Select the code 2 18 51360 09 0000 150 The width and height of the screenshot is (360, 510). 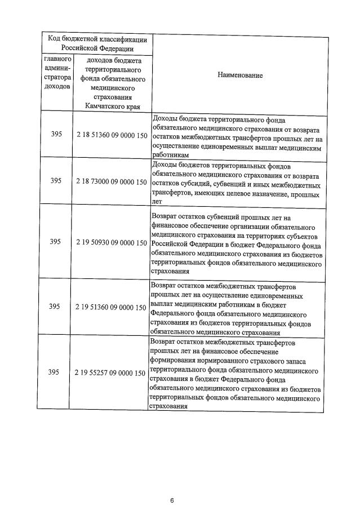point(111,136)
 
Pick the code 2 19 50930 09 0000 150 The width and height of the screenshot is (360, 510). point(111,242)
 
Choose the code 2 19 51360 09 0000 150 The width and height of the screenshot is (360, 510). point(111,307)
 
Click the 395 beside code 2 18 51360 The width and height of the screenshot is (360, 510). point(56,136)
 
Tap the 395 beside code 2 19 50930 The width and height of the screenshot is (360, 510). point(56,242)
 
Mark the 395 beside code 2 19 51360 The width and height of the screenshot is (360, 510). point(56,307)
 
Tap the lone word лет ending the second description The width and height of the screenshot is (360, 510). point(157,201)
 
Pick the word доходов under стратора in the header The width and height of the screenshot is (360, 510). point(56,87)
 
